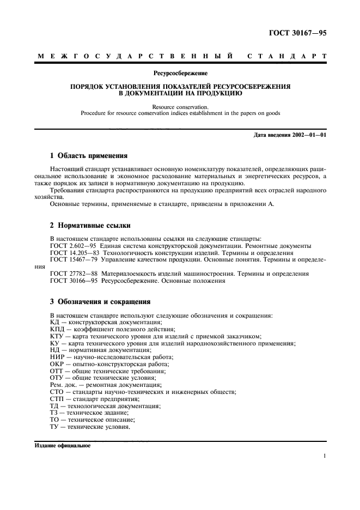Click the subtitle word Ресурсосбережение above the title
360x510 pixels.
point(180,72)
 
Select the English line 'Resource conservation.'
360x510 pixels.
point(180,107)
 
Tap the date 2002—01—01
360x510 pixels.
point(308,135)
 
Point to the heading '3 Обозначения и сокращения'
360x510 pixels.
point(100,301)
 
